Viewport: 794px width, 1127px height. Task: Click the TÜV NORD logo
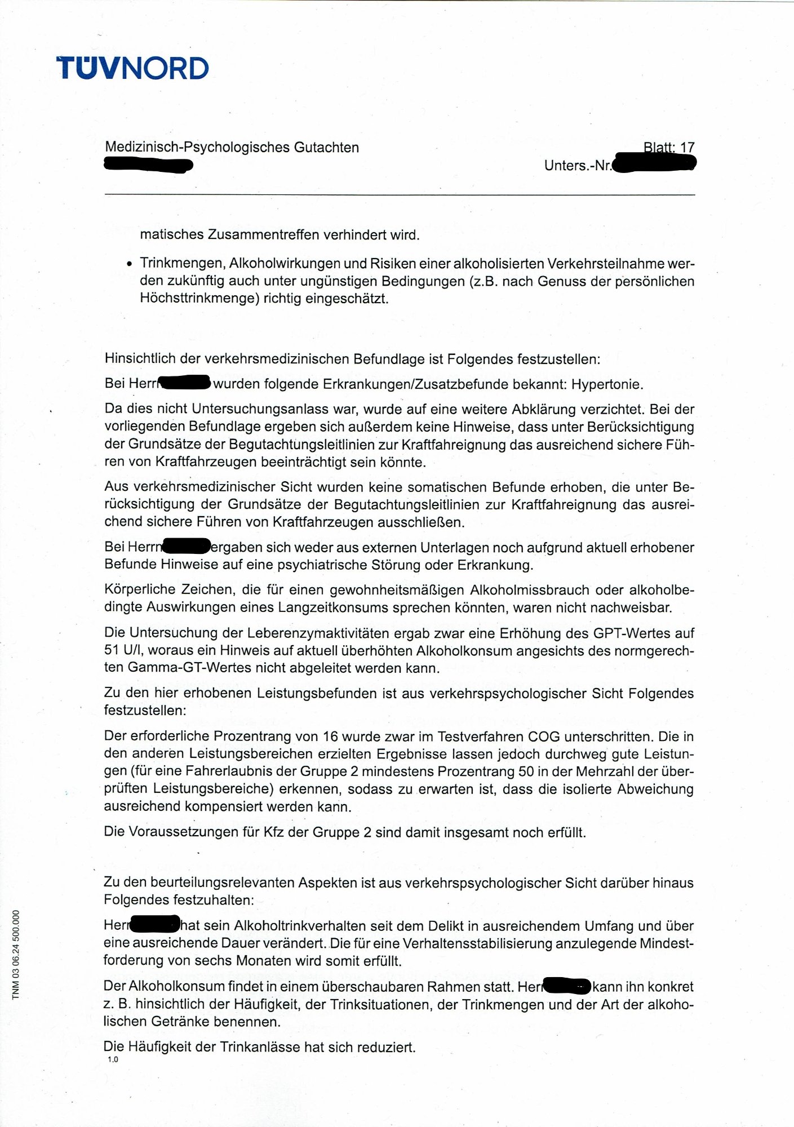coord(132,68)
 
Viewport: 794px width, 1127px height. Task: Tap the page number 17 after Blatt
coord(687,148)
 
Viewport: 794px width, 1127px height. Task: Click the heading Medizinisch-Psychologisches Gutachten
coord(232,148)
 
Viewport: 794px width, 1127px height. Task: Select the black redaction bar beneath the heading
coord(149,165)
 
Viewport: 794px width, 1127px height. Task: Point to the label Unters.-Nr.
coord(578,166)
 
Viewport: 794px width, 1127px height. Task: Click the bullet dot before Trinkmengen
coord(130,264)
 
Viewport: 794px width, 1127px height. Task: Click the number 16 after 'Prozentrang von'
coord(330,736)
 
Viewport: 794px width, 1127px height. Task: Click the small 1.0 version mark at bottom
coord(113,1059)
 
